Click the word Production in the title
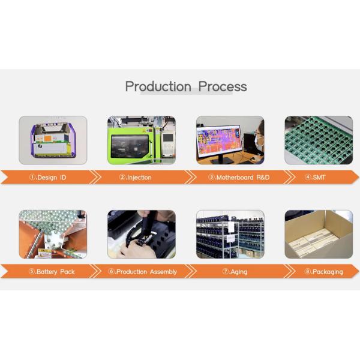pyautogui.click(x=158, y=86)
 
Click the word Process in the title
pyautogui.click(x=223, y=86)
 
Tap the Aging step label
pyautogui.click(x=235, y=272)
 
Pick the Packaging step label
pyautogui.click(x=324, y=272)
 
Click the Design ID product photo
pyautogui.click(x=53, y=140)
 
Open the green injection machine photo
pyautogui.click(x=142, y=140)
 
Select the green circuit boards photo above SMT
pyautogui.click(x=318, y=140)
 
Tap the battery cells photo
pyautogui.click(x=53, y=234)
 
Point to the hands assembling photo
pyautogui.click(x=142, y=234)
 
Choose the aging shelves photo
pyautogui.click(x=230, y=234)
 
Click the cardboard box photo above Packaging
pyautogui.click(x=318, y=234)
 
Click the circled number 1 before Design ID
pyautogui.click(x=33, y=178)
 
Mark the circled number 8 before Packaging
pyautogui.click(x=308, y=272)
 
